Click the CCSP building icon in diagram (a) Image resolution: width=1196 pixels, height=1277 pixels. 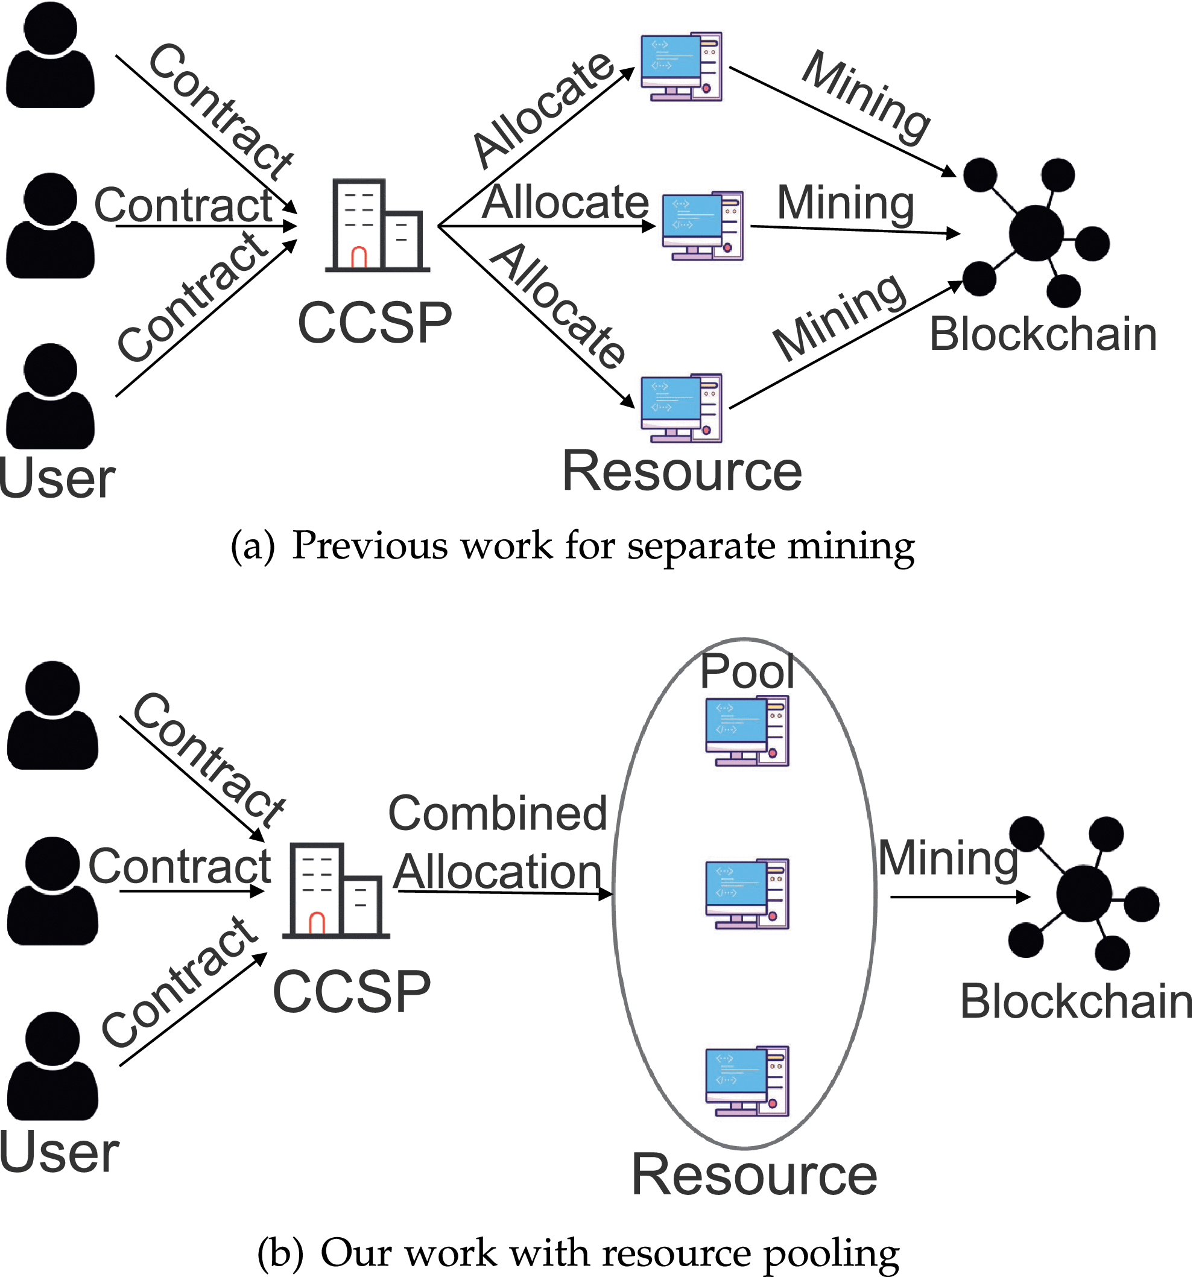[x=376, y=226]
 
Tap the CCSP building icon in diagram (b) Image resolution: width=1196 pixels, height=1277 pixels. [x=335, y=891]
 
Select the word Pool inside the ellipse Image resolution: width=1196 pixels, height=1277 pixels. [x=747, y=672]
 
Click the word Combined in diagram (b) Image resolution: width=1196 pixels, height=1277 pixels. [x=498, y=813]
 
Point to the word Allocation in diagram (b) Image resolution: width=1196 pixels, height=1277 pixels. [x=498, y=872]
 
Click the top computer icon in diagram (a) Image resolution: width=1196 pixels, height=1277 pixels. [x=682, y=67]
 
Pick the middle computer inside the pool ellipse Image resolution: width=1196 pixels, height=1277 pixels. [x=747, y=894]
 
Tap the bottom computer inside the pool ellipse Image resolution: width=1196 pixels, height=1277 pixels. [x=747, y=1081]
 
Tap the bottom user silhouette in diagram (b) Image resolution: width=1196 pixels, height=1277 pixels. [x=52, y=1066]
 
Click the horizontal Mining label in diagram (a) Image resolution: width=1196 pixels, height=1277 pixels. [x=846, y=203]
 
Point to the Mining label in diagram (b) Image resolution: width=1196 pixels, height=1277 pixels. [x=948, y=858]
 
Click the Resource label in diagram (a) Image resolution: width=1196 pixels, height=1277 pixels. [x=682, y=472]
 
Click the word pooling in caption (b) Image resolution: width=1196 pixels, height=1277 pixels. [x=831, y=1254]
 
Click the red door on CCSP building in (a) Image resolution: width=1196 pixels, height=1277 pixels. [x=358, y=257]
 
